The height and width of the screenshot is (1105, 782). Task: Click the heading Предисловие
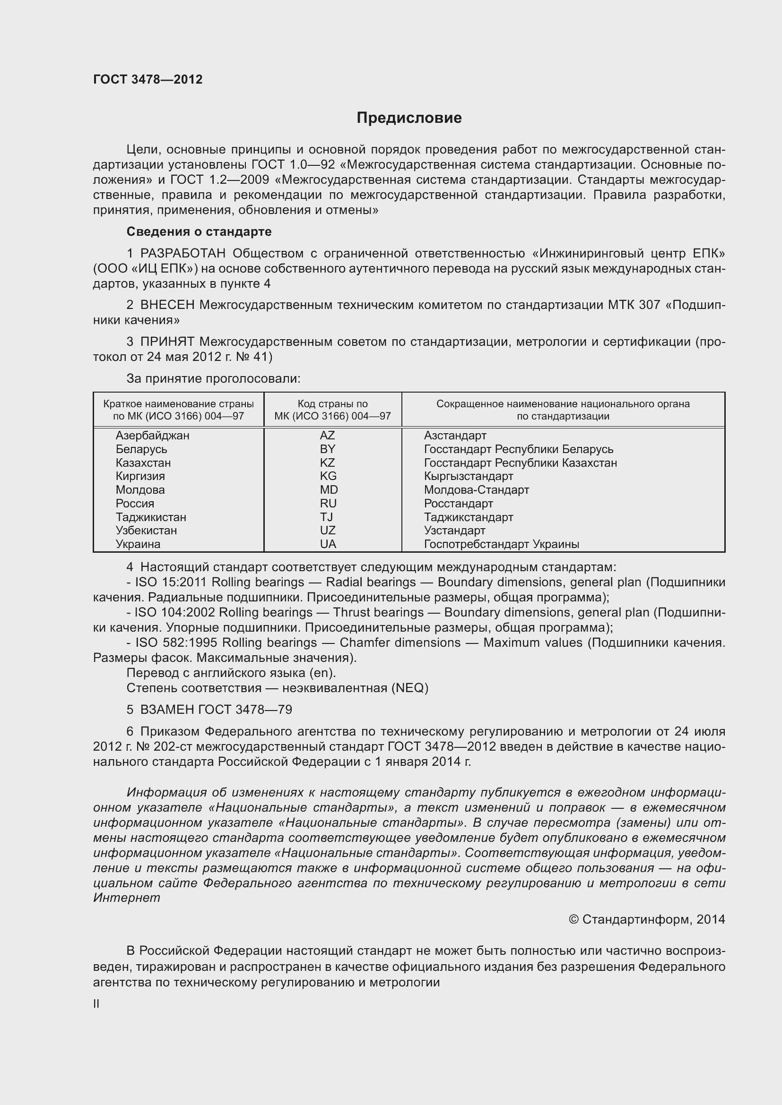409,118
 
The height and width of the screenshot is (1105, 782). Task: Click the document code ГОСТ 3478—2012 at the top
148,79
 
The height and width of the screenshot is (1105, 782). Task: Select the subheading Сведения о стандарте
199,231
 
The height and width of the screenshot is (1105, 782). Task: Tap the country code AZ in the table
328,436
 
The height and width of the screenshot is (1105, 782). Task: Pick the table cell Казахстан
143,463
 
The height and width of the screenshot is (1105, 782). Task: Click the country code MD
329,490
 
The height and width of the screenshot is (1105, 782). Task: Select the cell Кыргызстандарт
469,477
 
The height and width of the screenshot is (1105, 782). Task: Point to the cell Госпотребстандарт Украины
501,544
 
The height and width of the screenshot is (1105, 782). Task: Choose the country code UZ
328,531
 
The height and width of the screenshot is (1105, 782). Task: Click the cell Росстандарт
459,504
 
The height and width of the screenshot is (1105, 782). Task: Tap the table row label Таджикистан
151,517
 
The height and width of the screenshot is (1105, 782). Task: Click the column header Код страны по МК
332,410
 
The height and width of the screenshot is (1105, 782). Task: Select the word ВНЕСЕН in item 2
167,305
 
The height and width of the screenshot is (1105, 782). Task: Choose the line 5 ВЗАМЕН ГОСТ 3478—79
209,710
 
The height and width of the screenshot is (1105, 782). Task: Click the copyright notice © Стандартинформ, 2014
647,920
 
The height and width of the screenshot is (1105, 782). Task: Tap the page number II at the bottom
96,1004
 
